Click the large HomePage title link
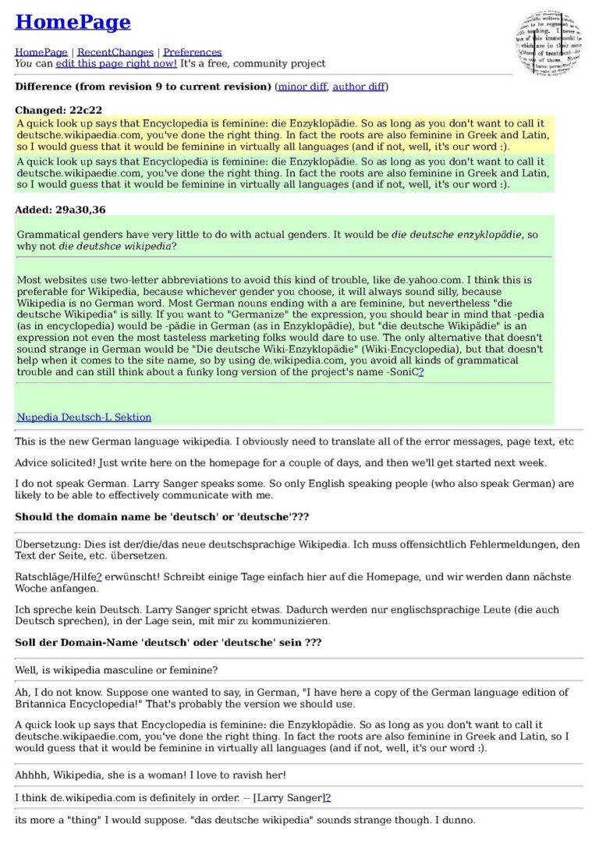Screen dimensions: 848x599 [x=73, y=23]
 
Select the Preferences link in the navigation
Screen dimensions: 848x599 [x=192, y=52]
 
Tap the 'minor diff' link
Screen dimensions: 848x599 [x=302, y=86]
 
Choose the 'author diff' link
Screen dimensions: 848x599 [x=358, y=86]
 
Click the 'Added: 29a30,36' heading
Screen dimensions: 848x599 [x=60, y=209]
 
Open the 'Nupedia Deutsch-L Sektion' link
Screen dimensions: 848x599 [x=84, y=417]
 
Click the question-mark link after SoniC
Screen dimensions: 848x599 [x=421, y=373]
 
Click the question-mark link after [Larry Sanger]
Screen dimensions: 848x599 [x=328, y=797]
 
